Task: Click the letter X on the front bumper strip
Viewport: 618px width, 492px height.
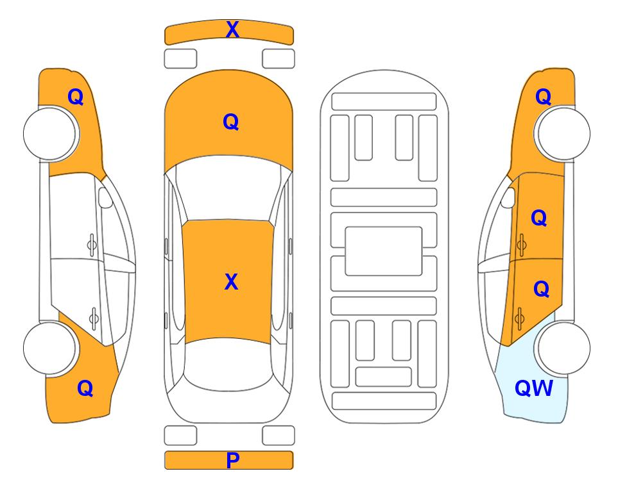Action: click(x=232, y=29)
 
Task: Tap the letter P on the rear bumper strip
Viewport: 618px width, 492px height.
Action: click(x=232, y=460)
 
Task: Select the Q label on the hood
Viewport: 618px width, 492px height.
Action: click(x=231, y=122)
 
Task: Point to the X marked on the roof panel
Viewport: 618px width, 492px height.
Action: click(x=232, y=282)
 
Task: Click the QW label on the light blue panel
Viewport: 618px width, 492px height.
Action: click(x=534, y=388)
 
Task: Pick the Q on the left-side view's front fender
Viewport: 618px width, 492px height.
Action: click(x=76, y=97)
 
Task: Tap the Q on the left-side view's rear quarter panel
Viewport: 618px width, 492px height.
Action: click(x=85, y=388)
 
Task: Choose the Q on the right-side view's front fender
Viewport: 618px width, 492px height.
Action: click(x=543, y=97)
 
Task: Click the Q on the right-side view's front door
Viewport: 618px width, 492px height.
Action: click(x=539, y=218)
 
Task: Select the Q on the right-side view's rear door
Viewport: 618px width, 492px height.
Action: click(x=541, y=290)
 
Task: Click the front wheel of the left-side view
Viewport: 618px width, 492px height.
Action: click(x=51, y=134)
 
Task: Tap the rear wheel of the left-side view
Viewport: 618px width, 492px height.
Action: click(x=49, y=348)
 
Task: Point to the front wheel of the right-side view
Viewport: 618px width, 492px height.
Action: click(x=562, y=133)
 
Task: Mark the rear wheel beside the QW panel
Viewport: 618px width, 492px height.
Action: click(x=562, y=348)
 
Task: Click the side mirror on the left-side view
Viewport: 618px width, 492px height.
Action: click(x=105, y=197)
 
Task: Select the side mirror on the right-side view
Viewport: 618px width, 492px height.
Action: click(x=508, y=197)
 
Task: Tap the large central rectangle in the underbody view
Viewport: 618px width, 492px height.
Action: click(x=384, y=251)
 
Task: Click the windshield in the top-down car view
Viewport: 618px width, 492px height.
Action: click(x=228, y=188)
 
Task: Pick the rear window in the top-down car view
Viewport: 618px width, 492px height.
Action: click(x=229, y=364)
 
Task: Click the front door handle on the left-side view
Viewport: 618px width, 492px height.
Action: click(x=92, y=245)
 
